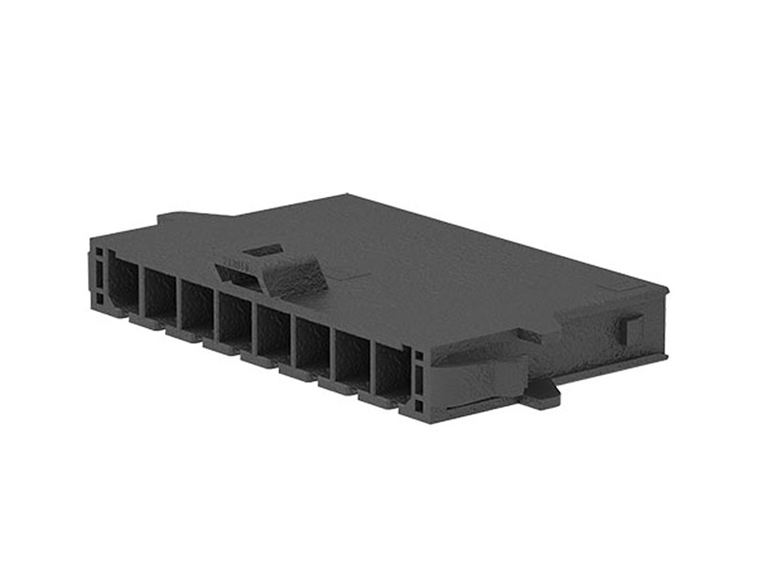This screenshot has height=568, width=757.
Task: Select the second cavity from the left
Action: pyautogui.click(x=160, y=295)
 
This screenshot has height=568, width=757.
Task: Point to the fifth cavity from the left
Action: pyautogui.click(x=274, y=334)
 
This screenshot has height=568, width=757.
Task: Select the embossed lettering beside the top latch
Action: pyautogui.click(x=235, y=267)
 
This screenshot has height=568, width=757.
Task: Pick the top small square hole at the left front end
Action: pyautogui.click(x=99, y=257)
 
